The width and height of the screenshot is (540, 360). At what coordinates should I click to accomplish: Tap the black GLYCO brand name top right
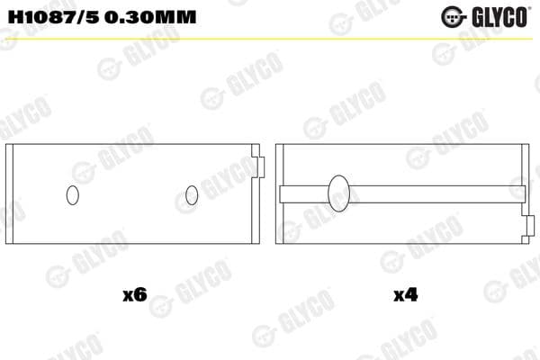pos(497,16)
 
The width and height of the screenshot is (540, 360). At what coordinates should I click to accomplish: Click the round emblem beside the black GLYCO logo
pos(451,16)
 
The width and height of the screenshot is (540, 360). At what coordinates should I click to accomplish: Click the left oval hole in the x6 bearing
pos(74,194)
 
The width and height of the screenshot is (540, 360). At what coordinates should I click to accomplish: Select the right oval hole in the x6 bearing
pos(191,194)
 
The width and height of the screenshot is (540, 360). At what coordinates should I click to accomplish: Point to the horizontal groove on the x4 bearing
pos(432,193)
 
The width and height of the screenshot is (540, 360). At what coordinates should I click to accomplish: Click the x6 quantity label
pos(133,294)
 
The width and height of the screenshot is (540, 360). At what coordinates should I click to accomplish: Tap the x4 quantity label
pos(405,294)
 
